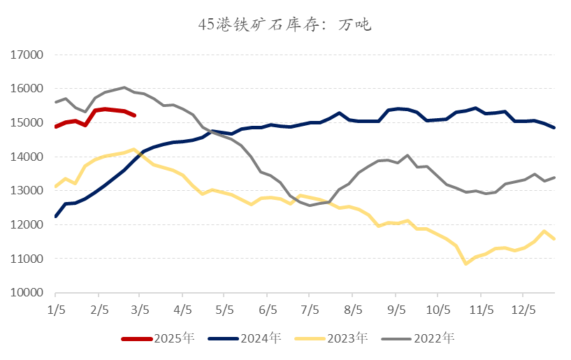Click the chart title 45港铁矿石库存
coord(285,26)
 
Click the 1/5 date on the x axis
coord(55,308)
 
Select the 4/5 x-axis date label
coord(182,308)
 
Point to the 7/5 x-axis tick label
coord(310,308)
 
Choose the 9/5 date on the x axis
coord(396,308)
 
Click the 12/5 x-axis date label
coord(523,308)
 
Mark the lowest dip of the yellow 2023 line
coord(465,264)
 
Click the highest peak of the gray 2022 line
coord(124,87)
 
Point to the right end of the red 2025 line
coord(134,115)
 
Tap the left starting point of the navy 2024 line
coord(55,217)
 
